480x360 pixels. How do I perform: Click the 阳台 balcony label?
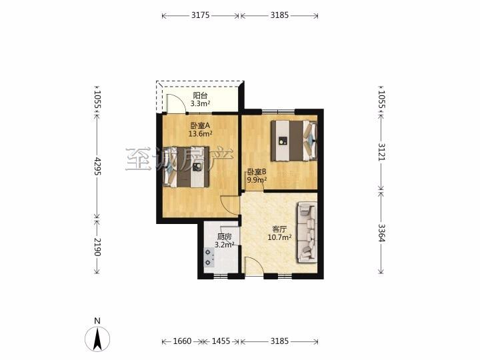(x=200, y=95)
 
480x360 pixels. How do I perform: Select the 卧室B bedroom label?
(x=257, y=172)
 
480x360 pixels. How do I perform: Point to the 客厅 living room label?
(x=279, y=229)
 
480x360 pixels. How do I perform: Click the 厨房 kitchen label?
(x=225, y=237)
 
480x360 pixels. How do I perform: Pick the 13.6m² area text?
(x=201, y=133)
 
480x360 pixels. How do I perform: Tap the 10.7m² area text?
(x=279, y=237)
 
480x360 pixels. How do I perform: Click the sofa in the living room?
(x=306, y=233)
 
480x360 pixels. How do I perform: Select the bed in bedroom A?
(x=187, y=167)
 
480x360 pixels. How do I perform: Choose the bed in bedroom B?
(x=294, y=141)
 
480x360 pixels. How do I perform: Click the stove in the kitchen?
(x=209, y=257)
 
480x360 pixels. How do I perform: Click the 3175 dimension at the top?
(x=201, y=15)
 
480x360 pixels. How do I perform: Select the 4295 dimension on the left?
(x=97, y=166)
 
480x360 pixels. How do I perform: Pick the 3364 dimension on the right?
(x=381, y=233)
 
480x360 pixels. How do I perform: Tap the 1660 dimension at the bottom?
(x=182, y=341)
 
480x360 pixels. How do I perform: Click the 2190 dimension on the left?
(x=97, y=247)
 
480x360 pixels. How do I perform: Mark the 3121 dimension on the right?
(x=381, y=151)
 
